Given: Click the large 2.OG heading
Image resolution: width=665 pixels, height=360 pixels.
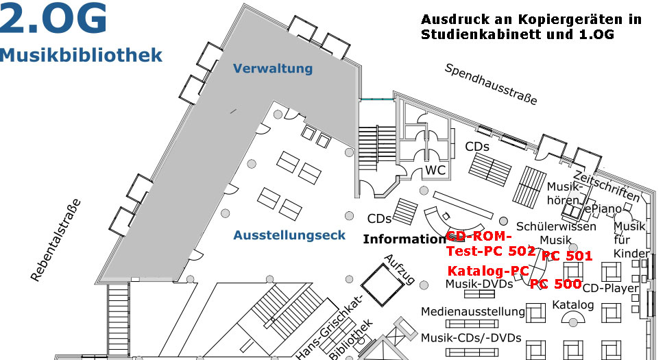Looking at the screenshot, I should tap(54, 19).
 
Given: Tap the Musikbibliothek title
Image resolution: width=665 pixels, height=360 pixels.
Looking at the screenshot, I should tap(82, 55).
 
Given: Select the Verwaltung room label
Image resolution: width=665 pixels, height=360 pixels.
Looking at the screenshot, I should tap(272, 69).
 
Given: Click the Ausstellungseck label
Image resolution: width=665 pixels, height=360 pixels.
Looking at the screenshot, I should tap(289, 235).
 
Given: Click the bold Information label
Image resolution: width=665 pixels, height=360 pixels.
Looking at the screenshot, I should tap(404, 239).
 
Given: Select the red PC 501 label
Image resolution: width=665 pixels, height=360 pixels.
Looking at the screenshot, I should tap(566, 256).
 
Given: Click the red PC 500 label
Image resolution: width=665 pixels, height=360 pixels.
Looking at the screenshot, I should tap(555, 283).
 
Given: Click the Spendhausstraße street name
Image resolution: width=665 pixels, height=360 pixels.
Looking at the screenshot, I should tap(490, 84).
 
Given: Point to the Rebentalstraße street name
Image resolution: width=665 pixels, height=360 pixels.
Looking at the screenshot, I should tap(56, 240).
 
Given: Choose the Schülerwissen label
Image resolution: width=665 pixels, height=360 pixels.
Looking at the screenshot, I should tap(556, 226).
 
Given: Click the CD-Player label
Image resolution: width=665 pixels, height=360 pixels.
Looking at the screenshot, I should tap(610, 288).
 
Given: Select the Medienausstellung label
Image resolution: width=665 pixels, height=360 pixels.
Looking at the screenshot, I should tap(473, 311).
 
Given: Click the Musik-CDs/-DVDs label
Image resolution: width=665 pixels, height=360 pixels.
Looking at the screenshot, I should tap(471, 337).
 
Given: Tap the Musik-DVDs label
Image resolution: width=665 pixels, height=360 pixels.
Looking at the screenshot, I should tap(479, 283).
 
